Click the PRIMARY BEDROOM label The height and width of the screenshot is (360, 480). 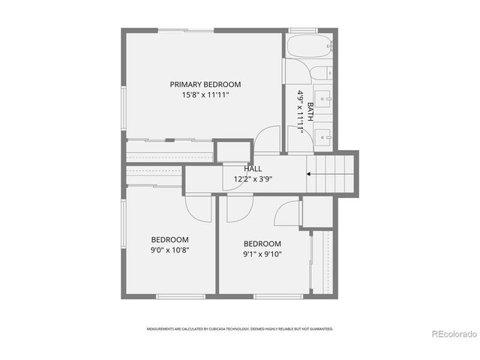click(x=205, y=84)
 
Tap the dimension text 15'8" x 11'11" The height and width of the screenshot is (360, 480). click(x=205, y=95)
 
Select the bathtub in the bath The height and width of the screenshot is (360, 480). click(x=309, y=47)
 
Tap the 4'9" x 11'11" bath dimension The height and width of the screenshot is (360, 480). click(x=300, y=111)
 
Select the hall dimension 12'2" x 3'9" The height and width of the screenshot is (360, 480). click(x=253, y=179)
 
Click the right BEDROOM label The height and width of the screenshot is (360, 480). click(x=262, y=244)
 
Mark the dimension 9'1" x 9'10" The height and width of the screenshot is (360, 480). click(x=262, y=254)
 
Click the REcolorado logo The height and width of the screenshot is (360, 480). click(x=452, y=333)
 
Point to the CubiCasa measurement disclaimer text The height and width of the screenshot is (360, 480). click(x=239, y=328)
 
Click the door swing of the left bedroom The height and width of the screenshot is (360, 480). click(x=198, y=208)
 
